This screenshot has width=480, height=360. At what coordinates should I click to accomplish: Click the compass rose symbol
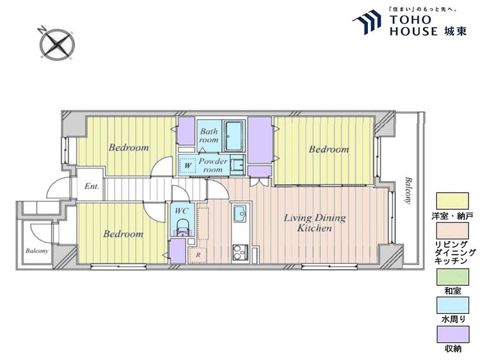(57, 44)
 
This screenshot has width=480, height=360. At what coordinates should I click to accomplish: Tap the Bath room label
(209, 136)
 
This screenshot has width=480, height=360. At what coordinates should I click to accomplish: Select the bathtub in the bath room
(234, 136)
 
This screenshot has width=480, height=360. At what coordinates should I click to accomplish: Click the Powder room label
(213, 165)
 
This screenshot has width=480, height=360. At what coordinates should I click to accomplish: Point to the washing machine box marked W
(188, 166)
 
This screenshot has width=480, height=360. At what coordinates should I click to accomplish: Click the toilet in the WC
(183, 227)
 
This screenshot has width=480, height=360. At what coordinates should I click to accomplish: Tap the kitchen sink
(240, 213)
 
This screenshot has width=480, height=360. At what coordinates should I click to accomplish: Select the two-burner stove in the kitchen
(240, 253)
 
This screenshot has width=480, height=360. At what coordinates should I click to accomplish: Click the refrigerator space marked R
(198, 255)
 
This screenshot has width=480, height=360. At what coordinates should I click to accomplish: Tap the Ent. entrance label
(92, 186)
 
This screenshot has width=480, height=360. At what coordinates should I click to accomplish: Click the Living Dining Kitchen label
(315, 223)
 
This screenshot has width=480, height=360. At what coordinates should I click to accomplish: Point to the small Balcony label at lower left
(36, 251)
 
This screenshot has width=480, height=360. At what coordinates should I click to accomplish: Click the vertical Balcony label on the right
(408, 191)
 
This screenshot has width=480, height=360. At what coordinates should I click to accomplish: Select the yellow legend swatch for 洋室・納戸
(452, 201)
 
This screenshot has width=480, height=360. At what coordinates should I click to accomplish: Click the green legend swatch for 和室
(452, 277)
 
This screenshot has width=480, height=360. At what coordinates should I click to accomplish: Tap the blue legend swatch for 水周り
(452, 305)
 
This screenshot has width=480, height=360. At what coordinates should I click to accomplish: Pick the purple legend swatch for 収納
(452, 334)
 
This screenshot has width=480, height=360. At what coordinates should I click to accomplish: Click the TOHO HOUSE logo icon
(367, 22)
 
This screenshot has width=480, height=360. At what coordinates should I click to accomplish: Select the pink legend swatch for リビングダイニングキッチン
(452, 231)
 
